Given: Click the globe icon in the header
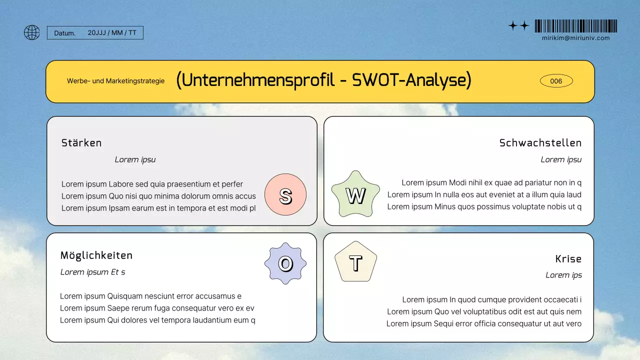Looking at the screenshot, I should [x=32, y=32].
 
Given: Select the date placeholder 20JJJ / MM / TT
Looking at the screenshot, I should [x=112, y=32].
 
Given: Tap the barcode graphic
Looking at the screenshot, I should [x=575, y=26].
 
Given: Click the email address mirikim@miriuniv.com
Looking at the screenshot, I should [x=575, y=38].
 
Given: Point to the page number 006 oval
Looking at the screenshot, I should [x=556, y=81].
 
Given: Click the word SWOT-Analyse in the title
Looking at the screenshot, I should [x=411, y=80].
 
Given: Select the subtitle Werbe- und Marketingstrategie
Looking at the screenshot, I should [x=115, y=81].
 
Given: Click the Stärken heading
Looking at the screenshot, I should [x=81, y=143].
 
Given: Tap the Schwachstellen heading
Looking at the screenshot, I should [x=540, y=143].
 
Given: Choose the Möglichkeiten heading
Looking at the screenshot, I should [x=96, y=255].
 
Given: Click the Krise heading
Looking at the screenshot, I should [x=568, y=259].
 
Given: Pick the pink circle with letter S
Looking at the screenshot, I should [x=285, y=195].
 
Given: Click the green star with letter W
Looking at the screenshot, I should [x=355, y=195].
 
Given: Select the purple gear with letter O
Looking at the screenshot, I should [x=285, y=263].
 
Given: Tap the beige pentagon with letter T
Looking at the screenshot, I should [x=355, y=262].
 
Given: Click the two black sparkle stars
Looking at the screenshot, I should [x=518, y=26].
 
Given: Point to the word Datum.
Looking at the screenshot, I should [x=64, y=33].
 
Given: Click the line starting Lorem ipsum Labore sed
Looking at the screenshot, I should [x=152, y=184].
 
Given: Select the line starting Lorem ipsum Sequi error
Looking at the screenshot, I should [x=483, y=323].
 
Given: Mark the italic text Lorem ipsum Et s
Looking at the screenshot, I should [x=92, y=272].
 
